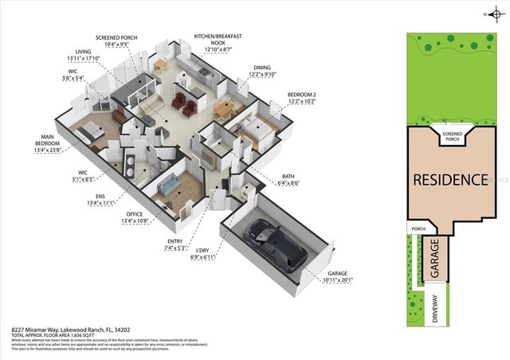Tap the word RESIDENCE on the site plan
coord(450,179)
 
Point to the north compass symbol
coord(490,14)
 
